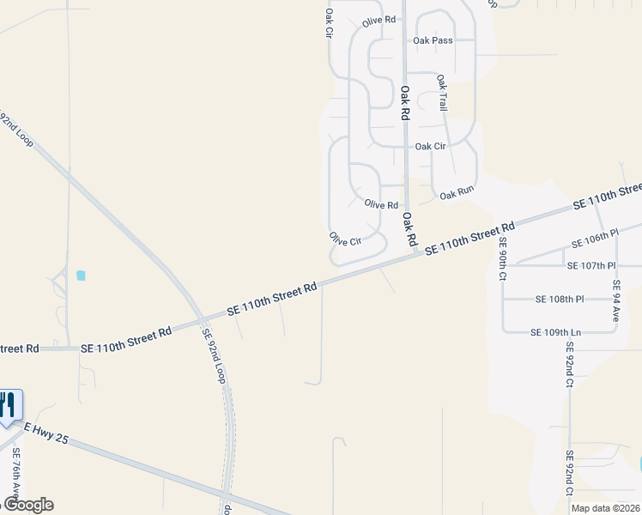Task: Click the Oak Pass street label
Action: pyautogui.click(x=433, y=40)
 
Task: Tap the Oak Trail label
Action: pyautogui.click(x=443, y=93)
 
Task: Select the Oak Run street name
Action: pyautogui.click(x=457, y=195)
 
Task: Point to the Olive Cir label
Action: pyautogui.click(x=345, y=239)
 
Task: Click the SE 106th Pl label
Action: pyautogui.click(x=598, y=235)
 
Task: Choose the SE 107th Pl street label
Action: pyautogui.click(x=591, y=266)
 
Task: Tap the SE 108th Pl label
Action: pyautogui.click(x=559, y=300)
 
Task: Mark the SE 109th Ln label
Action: pyautogui.click(x=555, y=332)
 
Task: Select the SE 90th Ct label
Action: pyautogui.click(x=504, y=259)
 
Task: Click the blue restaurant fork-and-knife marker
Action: pyautogui.click(x=9, y=404)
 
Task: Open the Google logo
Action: pyautogui.click(x=27, y=505)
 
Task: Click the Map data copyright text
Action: pyautogui.click(x=605, y=508)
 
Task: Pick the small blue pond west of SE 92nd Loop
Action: pyautogui.click(x=81, y=276)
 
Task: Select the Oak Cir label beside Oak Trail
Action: pyautogui.click(x=430, y=147)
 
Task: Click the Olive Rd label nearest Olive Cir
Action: pyautogui.click(x=381, y=205)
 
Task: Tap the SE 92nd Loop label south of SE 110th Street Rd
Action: pyautogui.click(x=213, y=355)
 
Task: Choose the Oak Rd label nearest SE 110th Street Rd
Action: pyautogui.click(x=409, y=229)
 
